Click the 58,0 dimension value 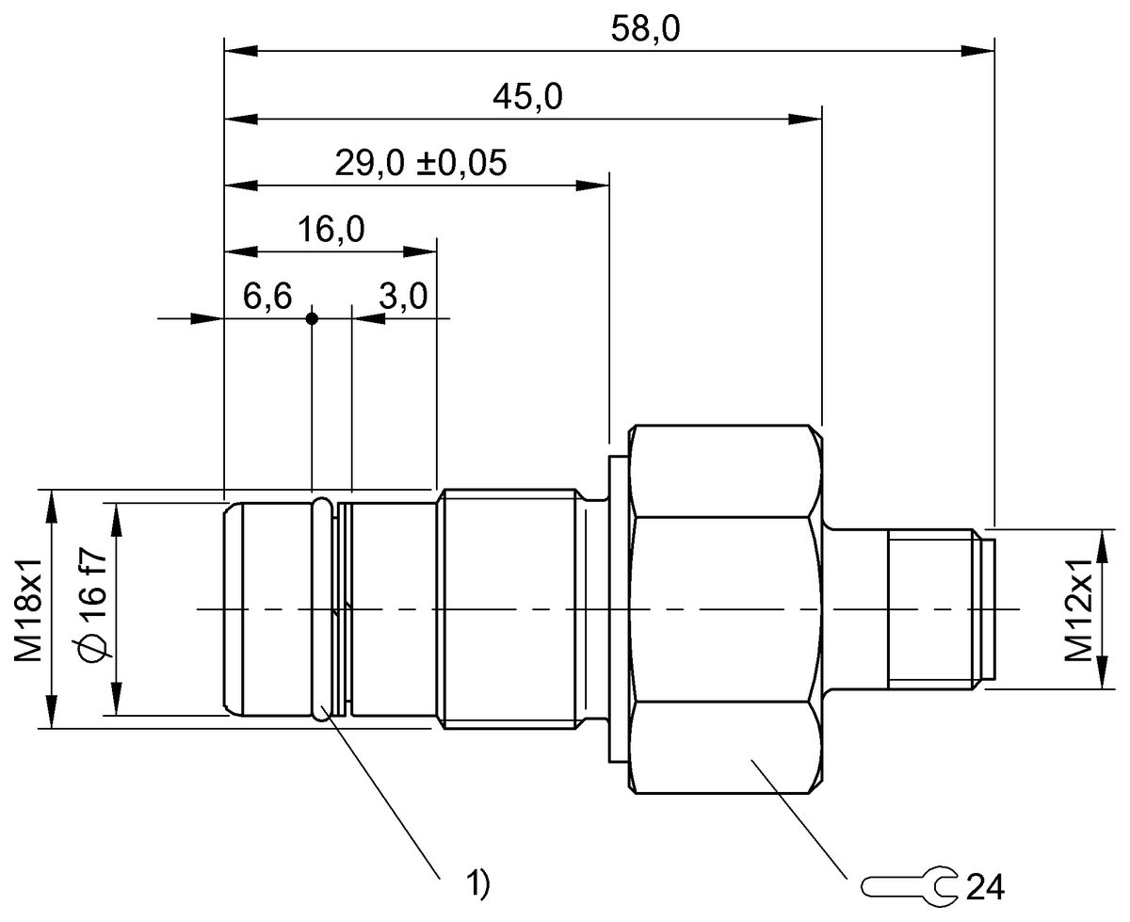tap(645, 29)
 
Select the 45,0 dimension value tap(527, 98)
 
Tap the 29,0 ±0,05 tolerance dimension tap(421, 164)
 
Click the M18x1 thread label tap(31, 608)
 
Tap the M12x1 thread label tap(1082, 608)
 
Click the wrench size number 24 tap(984, 886)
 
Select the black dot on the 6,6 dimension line tap(313, 318)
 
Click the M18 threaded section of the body tap(508, 609)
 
